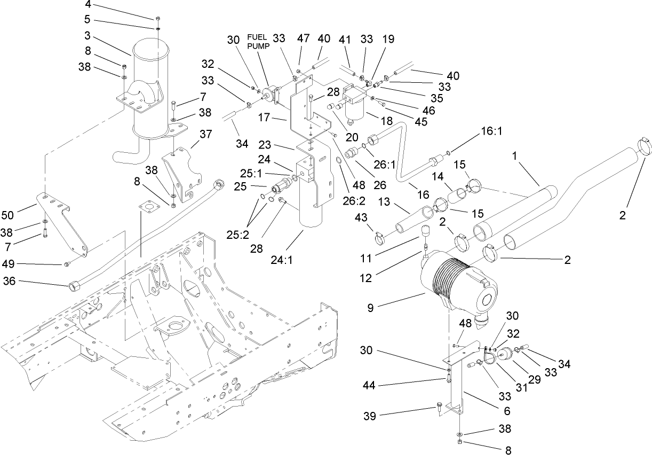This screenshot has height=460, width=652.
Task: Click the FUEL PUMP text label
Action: coord(259,42)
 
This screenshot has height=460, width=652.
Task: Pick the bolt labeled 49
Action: coord(65,264)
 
